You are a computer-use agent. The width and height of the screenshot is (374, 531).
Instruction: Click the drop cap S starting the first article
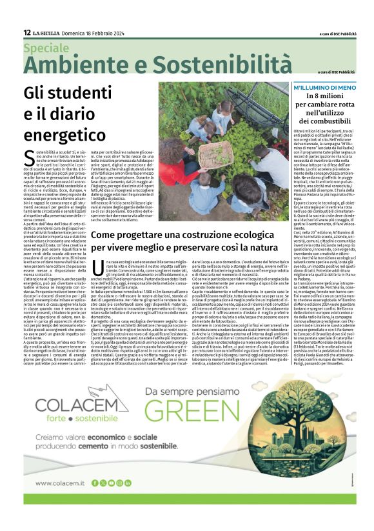[26, 156]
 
